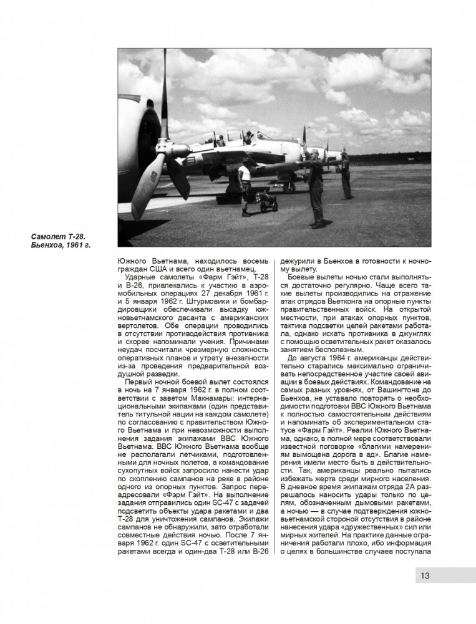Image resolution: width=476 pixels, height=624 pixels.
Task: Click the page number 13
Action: [x=425, y=575]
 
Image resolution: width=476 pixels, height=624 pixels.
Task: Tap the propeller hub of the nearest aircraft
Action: [x=178, y=150]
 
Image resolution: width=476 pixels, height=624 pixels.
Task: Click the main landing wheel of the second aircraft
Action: [x=289, y=186]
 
